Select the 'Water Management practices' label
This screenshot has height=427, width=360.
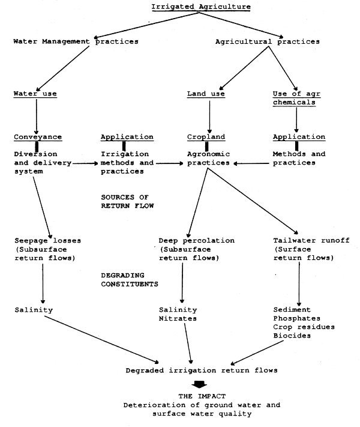tap(76, 41)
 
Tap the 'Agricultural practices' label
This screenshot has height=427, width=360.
tap(267, 41)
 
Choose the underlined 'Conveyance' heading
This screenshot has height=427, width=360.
tap(37, 136)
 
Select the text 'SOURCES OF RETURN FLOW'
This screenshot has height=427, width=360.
tap(128, 201)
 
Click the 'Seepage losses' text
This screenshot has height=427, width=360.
tap(47, 240)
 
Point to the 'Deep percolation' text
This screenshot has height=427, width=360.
tap(196, 240)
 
